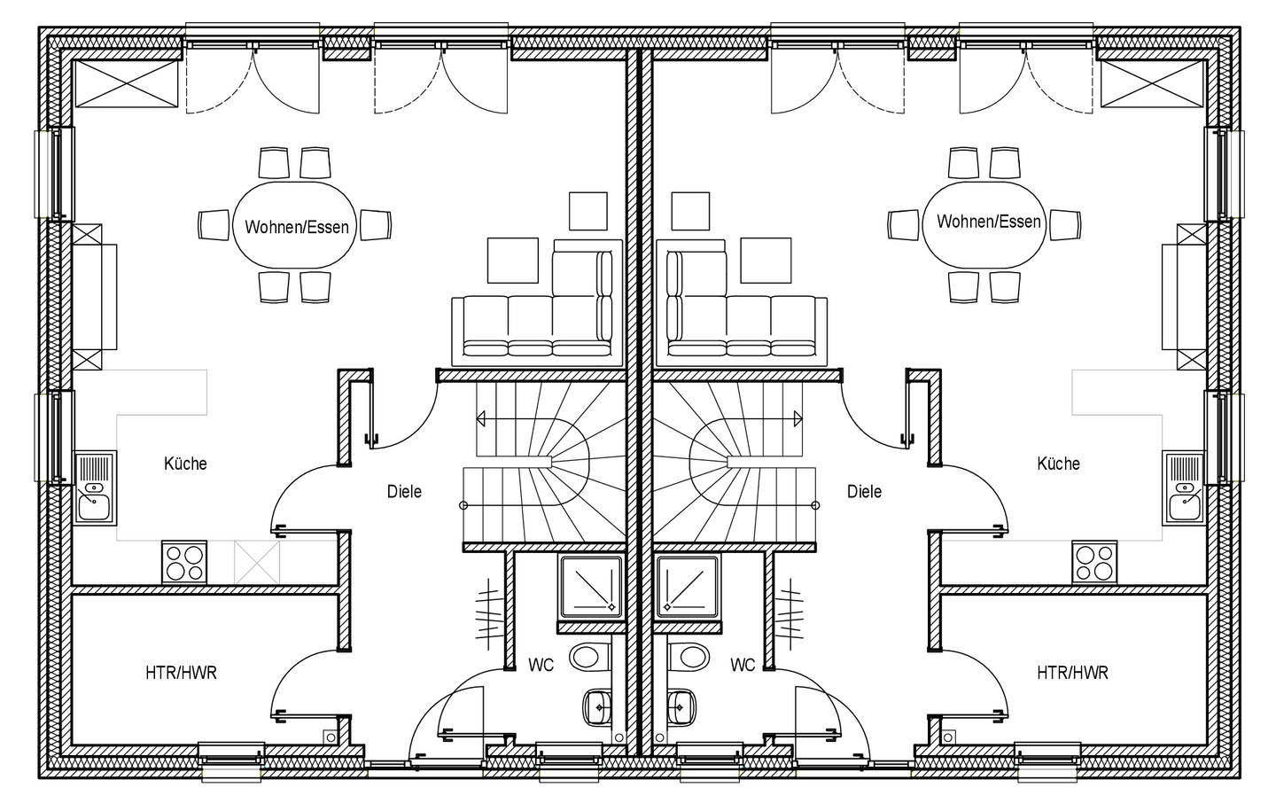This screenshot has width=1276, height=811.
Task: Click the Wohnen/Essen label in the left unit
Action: (x=297, y=227)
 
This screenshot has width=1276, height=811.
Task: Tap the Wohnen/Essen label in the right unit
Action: (x=988, y=221)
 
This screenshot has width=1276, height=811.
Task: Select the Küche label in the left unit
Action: (x=185, y=463)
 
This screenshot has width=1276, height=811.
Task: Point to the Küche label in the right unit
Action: (x=1058, y=463)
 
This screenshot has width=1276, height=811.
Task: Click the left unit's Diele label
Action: (x=404, y=491)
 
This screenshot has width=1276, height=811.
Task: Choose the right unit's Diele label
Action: (x=864, y=491)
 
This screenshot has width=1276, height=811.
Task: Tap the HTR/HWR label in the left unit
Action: (x=181, y=673)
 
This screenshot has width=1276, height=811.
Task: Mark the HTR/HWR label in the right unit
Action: (x=1072, y=673)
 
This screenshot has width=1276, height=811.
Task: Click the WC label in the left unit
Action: (x=541, y=664)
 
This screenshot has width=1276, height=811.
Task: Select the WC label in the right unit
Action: (x=743, y=664)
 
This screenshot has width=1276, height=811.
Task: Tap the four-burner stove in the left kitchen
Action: (x=184, y=562)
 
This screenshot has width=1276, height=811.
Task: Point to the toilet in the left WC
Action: (x=588, y=657)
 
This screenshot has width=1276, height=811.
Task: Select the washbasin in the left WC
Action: (x=597, y=707)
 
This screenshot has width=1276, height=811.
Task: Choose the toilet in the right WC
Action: (x=689, y=657)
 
